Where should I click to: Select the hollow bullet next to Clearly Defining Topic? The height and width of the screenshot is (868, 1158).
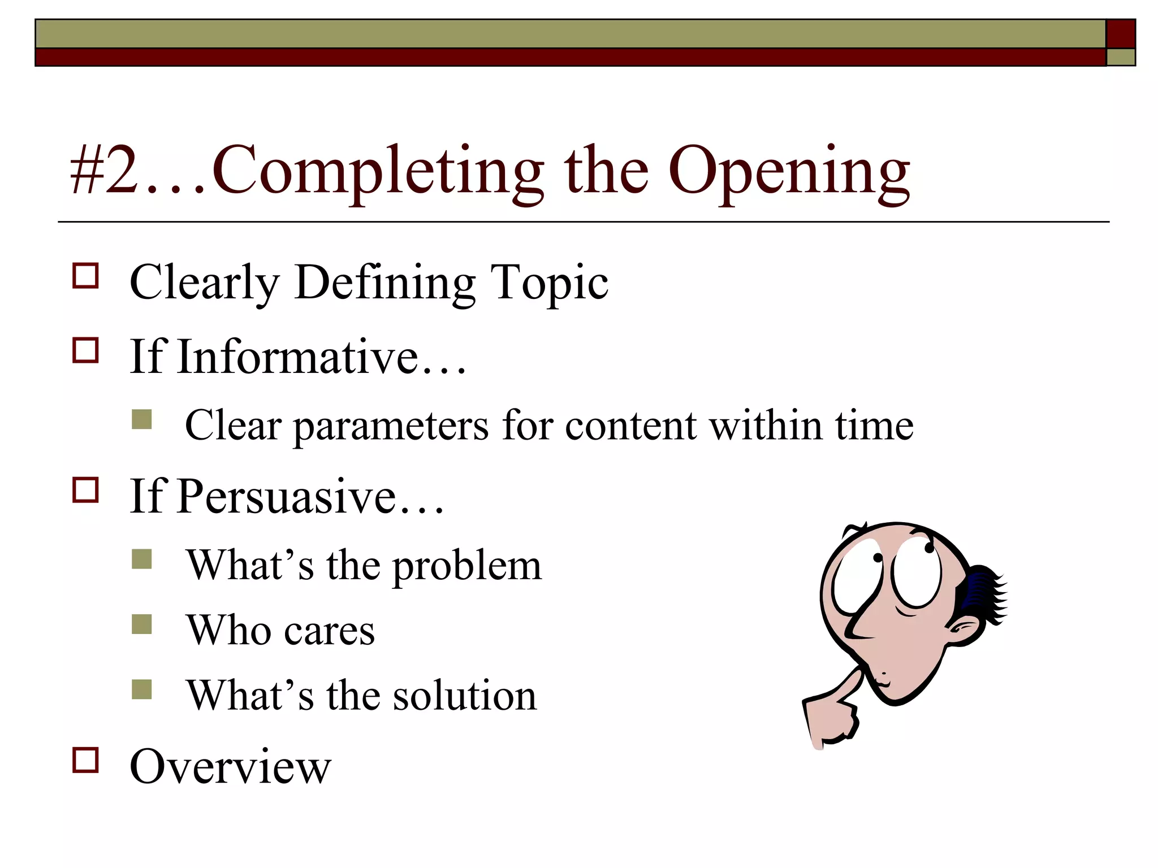tap(86, 276)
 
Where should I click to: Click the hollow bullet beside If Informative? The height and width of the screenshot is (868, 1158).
tap(86, 350)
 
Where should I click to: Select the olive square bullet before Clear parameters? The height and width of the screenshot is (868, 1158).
tap(141, 419)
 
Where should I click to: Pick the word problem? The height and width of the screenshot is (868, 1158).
tap(467, 566)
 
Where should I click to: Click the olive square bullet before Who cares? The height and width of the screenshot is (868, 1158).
tap(141, 624)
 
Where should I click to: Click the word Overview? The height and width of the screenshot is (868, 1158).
tap(230, 767)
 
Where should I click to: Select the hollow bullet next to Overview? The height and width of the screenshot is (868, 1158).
tap(86, 760)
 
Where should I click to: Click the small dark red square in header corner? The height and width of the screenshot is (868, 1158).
tap(1120, 34)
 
